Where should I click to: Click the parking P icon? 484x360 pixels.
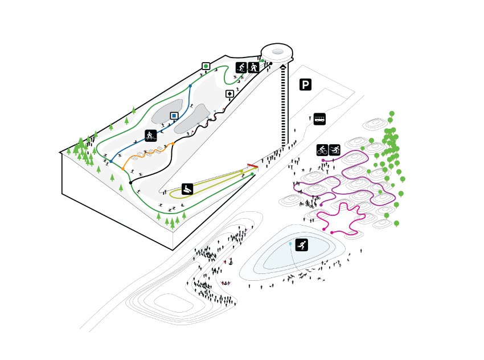click(306, 85)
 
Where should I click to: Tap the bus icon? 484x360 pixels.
click(319, 119)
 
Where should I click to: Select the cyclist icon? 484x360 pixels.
click(322, 150)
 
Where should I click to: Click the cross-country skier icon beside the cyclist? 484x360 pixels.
click(335, 150)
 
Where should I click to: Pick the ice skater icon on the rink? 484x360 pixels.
click(302, 245)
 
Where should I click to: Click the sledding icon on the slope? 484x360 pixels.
click(187, 189)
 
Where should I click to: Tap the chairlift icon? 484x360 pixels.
click(150, 136)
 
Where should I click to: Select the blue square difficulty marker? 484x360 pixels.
click(174, 116)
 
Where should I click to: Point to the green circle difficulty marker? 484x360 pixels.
click(206, 66)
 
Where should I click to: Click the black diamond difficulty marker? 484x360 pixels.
click(229, 94)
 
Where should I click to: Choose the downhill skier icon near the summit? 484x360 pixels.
click(241, 67)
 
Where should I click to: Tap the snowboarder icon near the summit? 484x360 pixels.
click(253, 67)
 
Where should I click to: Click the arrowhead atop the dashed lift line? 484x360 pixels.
click(283, 67)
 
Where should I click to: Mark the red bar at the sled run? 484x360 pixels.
click(253, 166)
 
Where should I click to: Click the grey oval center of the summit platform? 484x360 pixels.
click(278, 52)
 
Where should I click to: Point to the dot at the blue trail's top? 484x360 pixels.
click(190, 86)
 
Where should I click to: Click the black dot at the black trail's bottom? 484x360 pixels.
click(130, 183)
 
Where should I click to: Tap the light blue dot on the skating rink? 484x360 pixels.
click(290, 244)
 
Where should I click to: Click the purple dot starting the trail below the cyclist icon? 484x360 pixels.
click(323, 161)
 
